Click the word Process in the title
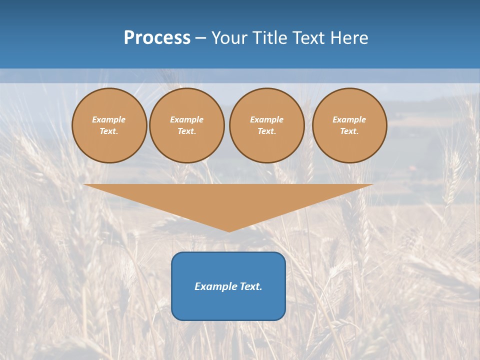157,38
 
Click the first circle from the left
109,125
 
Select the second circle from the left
187,125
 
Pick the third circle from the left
267,125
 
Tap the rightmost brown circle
349,125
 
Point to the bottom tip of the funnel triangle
229,231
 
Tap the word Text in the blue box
251,286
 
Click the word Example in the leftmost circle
109,120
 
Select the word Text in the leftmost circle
108,131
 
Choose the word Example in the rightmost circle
349,120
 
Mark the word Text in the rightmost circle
349,131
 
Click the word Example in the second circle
187,120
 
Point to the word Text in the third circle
266,131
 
